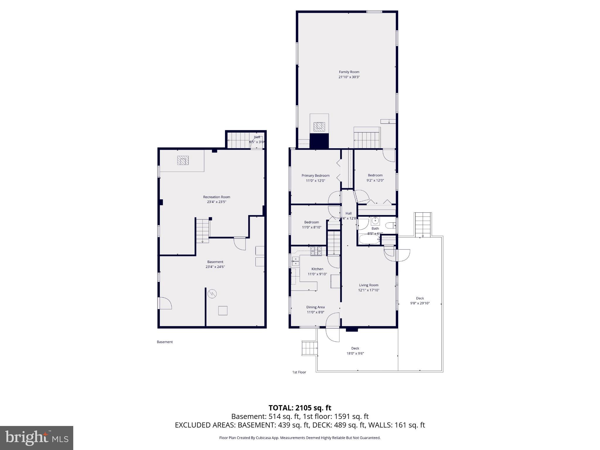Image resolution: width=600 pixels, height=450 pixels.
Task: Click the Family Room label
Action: (349, 72)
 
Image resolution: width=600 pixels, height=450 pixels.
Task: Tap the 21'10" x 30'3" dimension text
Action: (349, 77)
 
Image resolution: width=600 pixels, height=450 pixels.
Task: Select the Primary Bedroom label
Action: (316, 175)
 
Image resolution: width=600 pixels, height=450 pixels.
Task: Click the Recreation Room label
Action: (217, 197)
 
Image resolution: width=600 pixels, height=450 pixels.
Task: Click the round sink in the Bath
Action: (375, 221)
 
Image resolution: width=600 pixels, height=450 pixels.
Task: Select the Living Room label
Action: (369, 285)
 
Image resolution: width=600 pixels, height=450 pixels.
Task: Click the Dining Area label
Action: (315, 307)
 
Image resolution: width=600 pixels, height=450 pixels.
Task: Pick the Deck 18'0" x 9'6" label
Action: (355, 348)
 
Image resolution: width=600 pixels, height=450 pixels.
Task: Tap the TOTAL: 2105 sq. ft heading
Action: (300, 408)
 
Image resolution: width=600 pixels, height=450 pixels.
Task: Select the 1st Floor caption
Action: (299, 372)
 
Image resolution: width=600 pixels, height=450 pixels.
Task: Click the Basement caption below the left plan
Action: (165, 342)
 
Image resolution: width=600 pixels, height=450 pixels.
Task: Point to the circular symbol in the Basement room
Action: (212, 294)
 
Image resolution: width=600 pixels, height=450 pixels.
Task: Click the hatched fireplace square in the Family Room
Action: (319, 127)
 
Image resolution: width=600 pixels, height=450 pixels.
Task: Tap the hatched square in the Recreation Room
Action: (183, 161)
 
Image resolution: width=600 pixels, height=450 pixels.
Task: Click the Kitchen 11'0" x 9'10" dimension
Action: (317, 274)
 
